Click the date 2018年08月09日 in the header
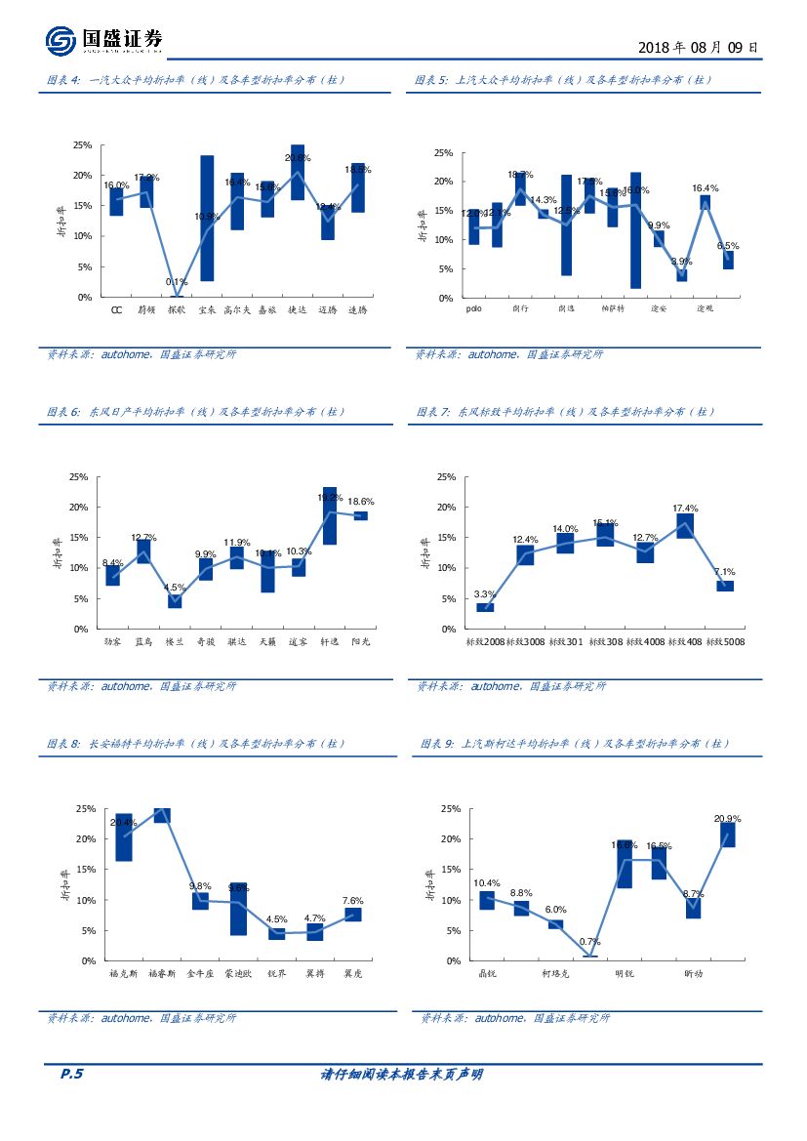coord(697,47)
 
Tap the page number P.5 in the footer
coord(72,1074)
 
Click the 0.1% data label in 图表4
coord(177,282)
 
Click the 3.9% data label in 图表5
coord(681,262)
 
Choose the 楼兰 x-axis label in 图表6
coord(175,641)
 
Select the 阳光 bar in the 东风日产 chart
coord(360,515)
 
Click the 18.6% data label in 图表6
coord(360,501)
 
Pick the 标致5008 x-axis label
coord(727,641)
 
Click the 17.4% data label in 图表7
coord(685,509)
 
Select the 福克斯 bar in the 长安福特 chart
coord(124,837)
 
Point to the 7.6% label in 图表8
coord(353,900)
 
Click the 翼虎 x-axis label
coord(353,973)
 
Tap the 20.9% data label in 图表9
coord(727,818)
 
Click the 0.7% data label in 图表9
coord(589,942)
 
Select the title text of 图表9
coord(580,744)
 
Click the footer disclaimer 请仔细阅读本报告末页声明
coord(402,1074)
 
